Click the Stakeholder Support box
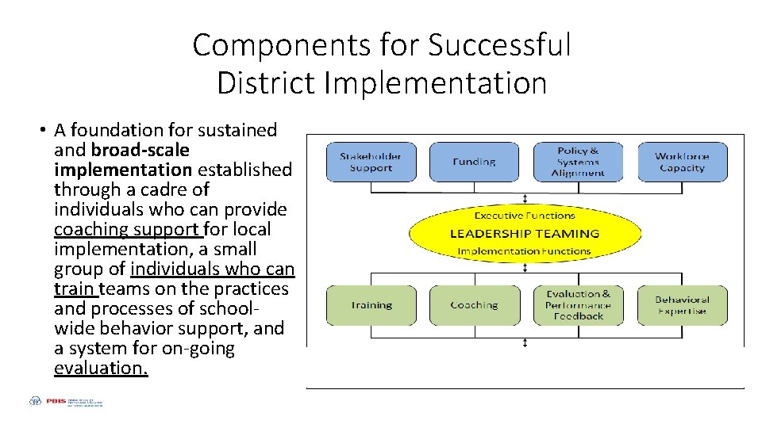[371, 162]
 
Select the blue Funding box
[474, 162]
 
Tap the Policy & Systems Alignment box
[579, 162]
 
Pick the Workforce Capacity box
[682, 162]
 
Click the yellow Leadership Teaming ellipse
[525, 233]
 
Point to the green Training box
[371, 305]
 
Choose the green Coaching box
[474, 305]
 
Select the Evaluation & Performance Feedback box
[579, 305]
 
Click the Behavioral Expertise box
[682, 305]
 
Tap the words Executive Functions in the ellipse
[525, 215]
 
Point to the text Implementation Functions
[525, 251]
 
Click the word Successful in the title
[499, 45]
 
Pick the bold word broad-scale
[140, 150]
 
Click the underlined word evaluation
[101, 368]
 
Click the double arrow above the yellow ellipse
[525, 198]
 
